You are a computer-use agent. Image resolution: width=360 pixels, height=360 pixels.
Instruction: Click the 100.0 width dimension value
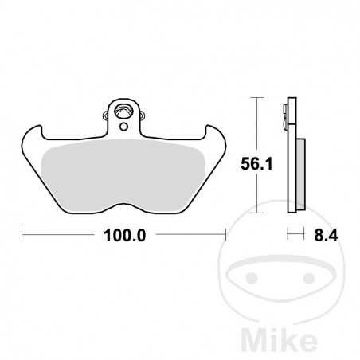(123, 236)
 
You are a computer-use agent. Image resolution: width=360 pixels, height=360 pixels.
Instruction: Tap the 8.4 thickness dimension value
(321, 236)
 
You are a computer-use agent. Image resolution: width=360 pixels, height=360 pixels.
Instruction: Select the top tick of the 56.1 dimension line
(254, 97)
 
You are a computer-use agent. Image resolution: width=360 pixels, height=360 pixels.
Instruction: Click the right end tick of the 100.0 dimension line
(226, 236)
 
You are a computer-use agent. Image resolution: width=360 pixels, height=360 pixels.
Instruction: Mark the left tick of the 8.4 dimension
(289, 236)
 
